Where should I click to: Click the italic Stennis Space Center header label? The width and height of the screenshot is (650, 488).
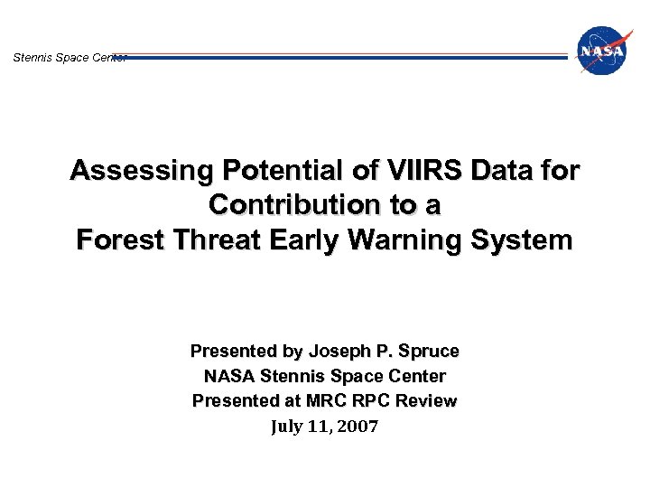(x=69, y=58)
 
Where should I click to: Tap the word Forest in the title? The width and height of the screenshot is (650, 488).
(x=116, y=240)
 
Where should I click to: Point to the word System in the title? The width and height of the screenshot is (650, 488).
(x=526, y=240)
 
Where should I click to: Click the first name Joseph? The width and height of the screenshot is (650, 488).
(x=339, y=351)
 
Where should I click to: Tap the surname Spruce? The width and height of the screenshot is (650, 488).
(x=429, y=351)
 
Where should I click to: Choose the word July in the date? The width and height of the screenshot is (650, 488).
(x=289, y=426)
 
